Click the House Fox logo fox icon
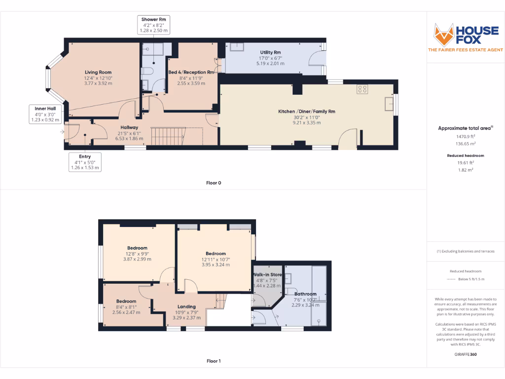[443, 34]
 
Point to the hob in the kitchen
[362, 89]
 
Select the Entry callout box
[85, 162]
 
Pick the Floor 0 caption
[214, 183]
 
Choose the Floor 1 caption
[214, 361]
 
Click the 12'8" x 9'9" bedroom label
[137, 253]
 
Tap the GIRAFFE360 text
[466, 354]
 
